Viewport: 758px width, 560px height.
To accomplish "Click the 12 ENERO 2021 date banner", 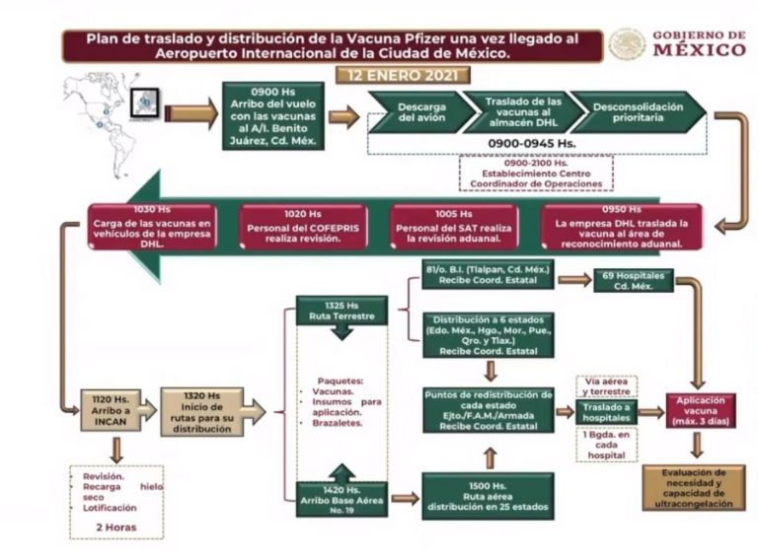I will [403, 75].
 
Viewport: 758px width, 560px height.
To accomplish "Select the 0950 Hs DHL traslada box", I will [622, 228].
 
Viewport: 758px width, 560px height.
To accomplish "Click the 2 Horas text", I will [116, 527].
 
